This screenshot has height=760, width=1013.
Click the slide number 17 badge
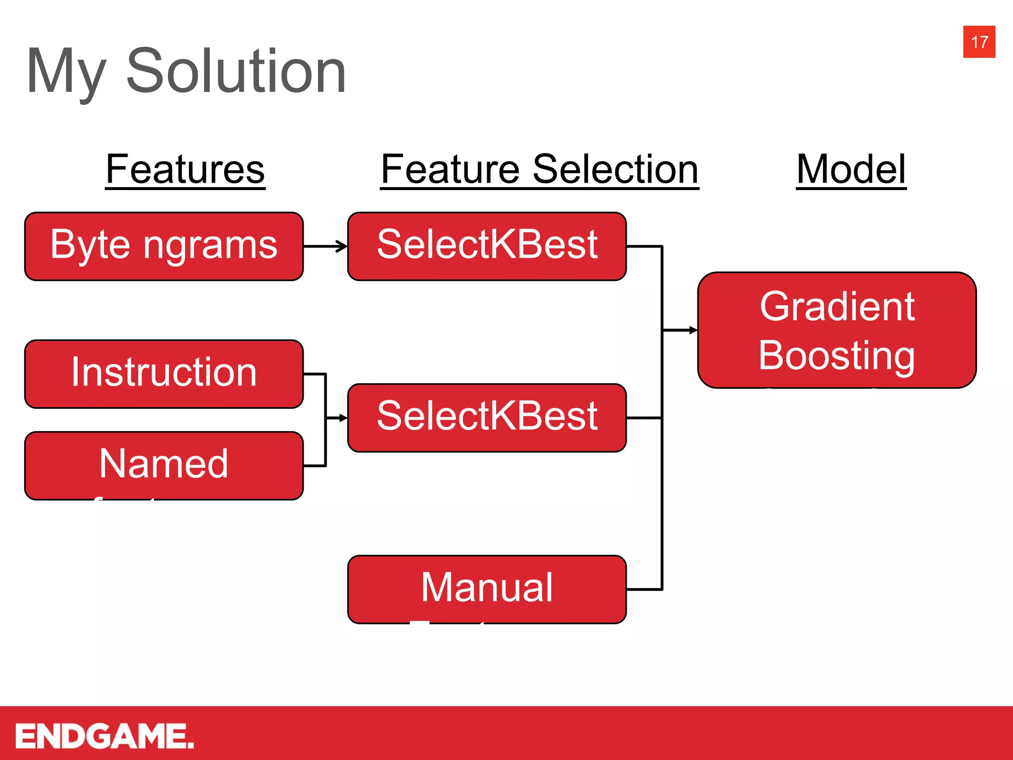click(x=978, y=42)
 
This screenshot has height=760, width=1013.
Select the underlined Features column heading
click(x=185, y=170)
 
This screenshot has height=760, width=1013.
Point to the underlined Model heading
click(x=851, y=170)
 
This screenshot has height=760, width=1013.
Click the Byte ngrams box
click(x=164, y=246)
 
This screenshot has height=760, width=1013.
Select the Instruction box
click(x=164, y=374)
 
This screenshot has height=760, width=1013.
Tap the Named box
click(x=164, y=465)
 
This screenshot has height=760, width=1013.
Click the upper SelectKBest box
click(x=487, y=246)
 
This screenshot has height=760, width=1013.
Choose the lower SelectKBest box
click(x=487, y=418)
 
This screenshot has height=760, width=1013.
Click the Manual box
click(x=487, y=589)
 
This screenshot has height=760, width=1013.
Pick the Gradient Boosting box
click(x=837, y=330)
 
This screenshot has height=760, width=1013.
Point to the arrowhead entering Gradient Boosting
click(x=693, y=330)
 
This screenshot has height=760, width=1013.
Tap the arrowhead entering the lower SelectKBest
click(x=343, y=418)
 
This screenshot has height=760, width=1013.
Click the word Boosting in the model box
click(x=837, y=356)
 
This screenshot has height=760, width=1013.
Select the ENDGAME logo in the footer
click(x=104, y=736)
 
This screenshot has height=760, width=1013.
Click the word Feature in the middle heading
click(x=450, y=170)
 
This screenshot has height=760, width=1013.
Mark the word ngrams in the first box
click(x=210, y=246)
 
